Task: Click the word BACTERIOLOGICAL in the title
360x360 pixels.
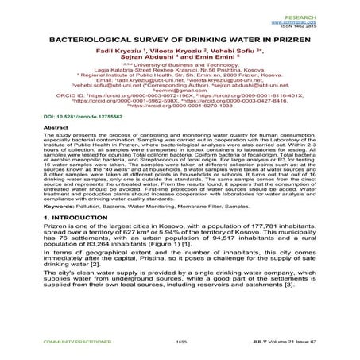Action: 82,37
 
